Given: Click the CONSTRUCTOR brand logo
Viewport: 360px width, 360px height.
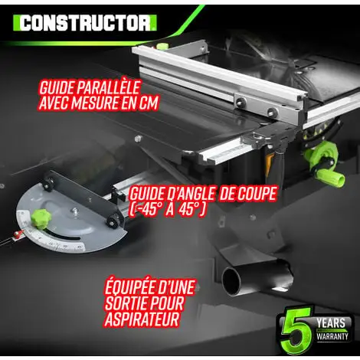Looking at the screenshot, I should pos(86,22).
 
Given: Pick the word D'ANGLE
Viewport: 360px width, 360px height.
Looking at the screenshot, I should pos(184,192).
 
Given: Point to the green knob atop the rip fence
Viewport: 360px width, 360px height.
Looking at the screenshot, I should pos(162,47).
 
